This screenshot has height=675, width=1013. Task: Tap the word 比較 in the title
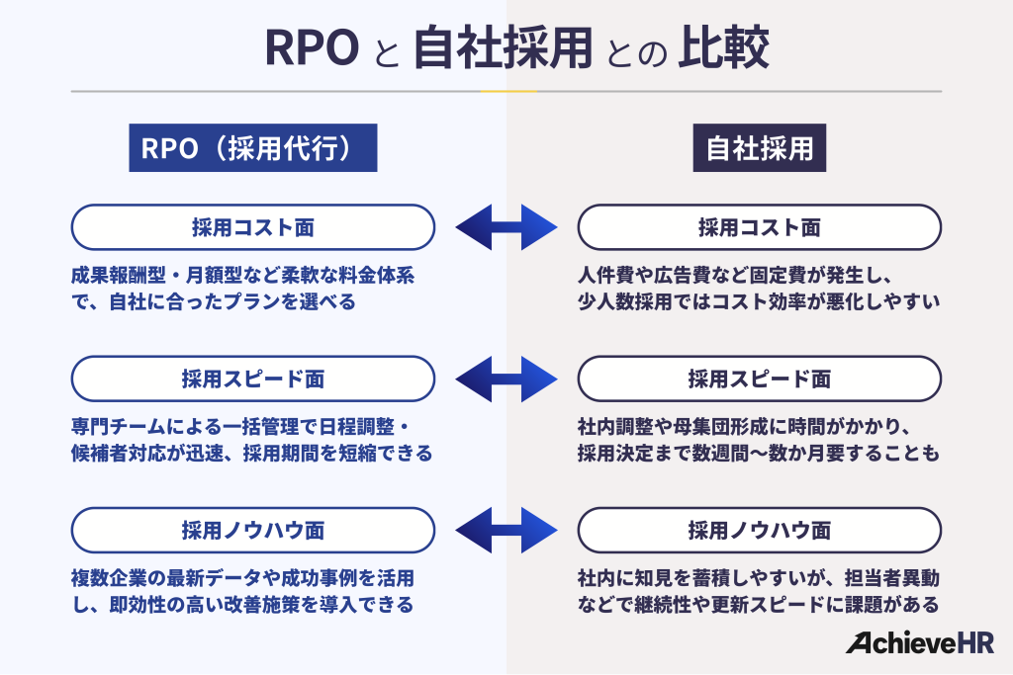(x=723, y=50)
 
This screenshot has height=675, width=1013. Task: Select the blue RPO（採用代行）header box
(x=253, y=148)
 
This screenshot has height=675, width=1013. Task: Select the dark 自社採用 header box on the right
(x=760, y=148)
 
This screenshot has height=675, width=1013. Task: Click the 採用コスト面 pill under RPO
(x=253, y=227)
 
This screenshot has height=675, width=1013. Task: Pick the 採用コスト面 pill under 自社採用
(x=760, y=227)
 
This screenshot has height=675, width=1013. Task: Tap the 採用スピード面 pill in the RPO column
(x=253, y=379)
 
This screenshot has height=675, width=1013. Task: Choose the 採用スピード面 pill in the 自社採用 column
(x=760, y=379)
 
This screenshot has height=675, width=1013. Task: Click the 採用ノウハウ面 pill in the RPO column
(x=253, y=530)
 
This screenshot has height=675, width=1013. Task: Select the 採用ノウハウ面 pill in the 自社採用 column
(x=760, y=530)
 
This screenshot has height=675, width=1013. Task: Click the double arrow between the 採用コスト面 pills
(x=506, y=227)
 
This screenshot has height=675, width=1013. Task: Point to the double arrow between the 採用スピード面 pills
(x=506, y=379)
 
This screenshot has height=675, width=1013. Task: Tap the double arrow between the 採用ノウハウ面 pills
(x=506, y=530)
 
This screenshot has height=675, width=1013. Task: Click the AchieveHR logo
(x=919, y=643)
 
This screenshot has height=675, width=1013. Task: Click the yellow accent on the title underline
(x=507, y=91)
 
